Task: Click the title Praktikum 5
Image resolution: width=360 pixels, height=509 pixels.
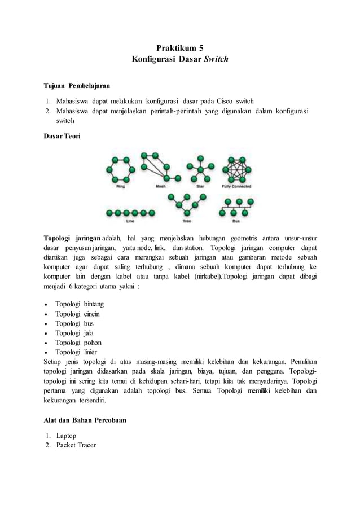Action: click(x=179, y=49)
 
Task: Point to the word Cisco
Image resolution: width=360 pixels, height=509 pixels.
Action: click(x=226, y=102)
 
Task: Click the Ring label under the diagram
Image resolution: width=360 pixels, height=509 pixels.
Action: click(x=120, y=186)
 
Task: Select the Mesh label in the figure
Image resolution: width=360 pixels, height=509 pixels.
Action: click(x=161, y=186)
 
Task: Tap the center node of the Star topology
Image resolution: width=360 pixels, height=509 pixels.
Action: click(x=200, y=169)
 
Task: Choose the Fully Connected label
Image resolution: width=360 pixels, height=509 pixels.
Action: click(x=237, y=186)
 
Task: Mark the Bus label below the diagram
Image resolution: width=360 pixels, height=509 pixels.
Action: click(x=236, y=221)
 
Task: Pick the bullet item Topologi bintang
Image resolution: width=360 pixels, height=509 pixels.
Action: click(x=79, y=304)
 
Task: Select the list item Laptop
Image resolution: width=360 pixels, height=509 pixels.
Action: click(x=66, y=436)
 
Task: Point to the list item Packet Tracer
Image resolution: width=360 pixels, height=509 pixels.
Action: click(x=76, y=445)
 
